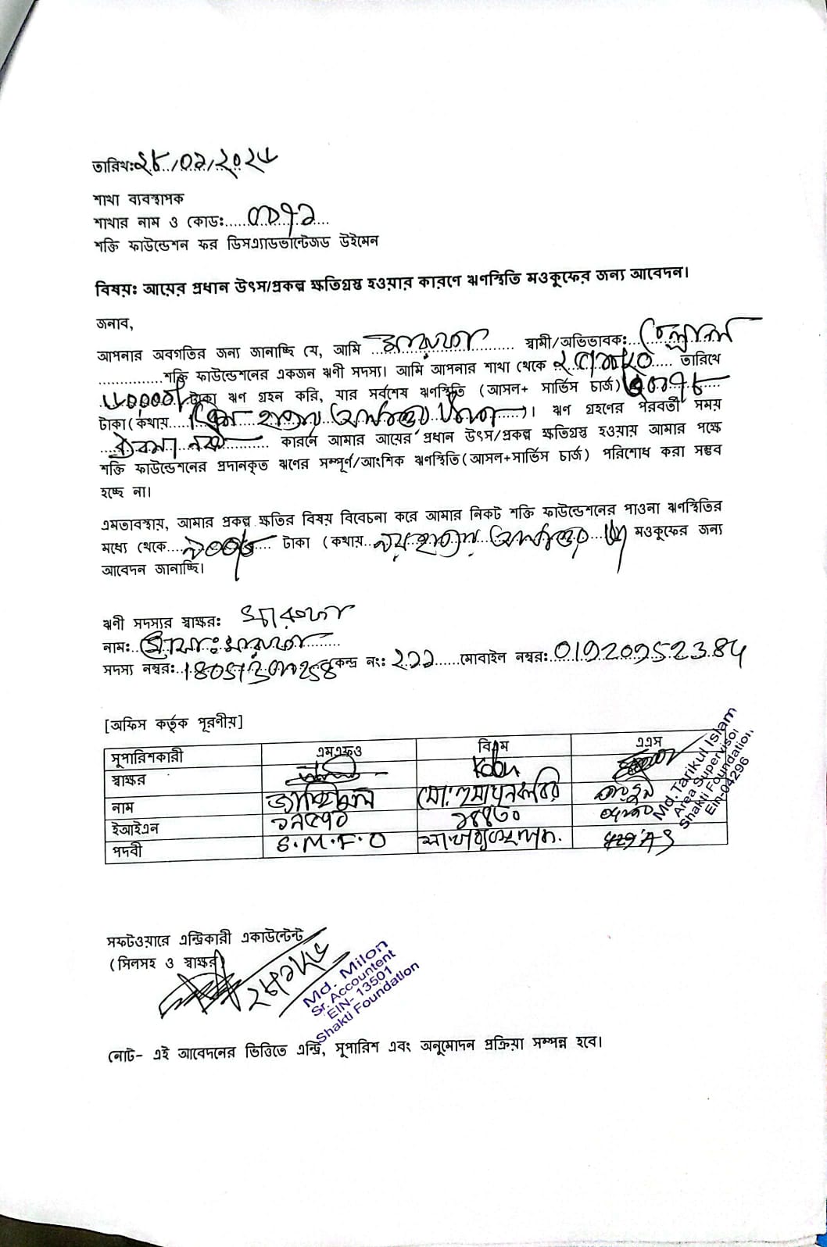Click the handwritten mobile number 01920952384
coord(649,650)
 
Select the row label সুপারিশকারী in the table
coord(147,757)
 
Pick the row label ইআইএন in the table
coord(138,827)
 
